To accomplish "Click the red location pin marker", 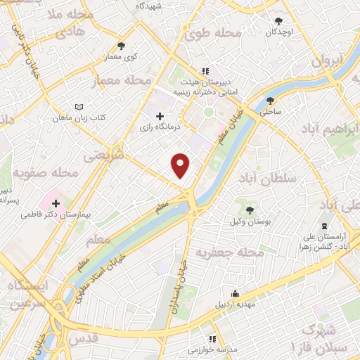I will pos(181,165).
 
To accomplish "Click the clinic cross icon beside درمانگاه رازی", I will pos(160,116).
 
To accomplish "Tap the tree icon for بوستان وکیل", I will pos(250,210).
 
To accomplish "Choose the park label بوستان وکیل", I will pos(250,222).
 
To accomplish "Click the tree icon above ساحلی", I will pos(270,101).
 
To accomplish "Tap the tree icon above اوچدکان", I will pos(279,21).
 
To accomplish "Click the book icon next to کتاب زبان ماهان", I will pos(78,106).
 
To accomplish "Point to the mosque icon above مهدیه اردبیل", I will pos(235,294).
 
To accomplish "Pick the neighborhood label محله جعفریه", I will pos(229,252).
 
